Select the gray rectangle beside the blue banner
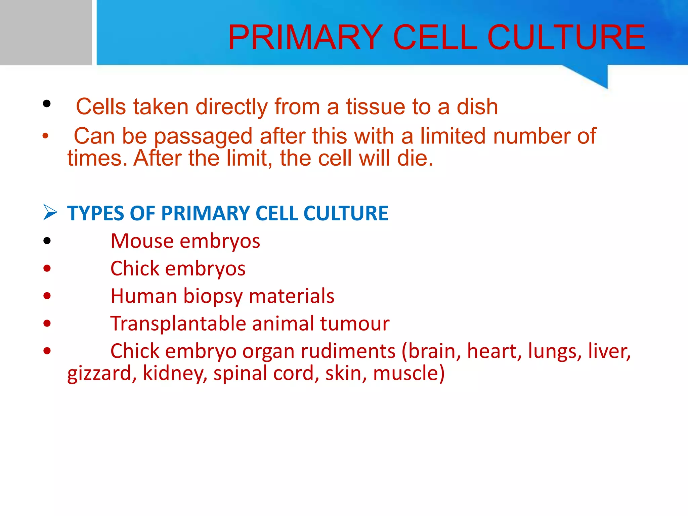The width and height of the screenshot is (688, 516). tap(46, 32)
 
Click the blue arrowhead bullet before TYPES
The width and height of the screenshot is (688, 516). tap(50, 213)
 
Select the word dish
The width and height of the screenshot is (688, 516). tap(477, 107)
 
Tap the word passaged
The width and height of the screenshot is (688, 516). tap(203, 137)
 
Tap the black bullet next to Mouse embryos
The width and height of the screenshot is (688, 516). tap(47, 241)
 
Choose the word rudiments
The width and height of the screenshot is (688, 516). tap(348, 351)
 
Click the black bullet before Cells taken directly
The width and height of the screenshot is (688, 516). tap(47, 103)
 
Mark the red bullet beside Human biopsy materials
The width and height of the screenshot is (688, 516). tap(47, 296)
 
